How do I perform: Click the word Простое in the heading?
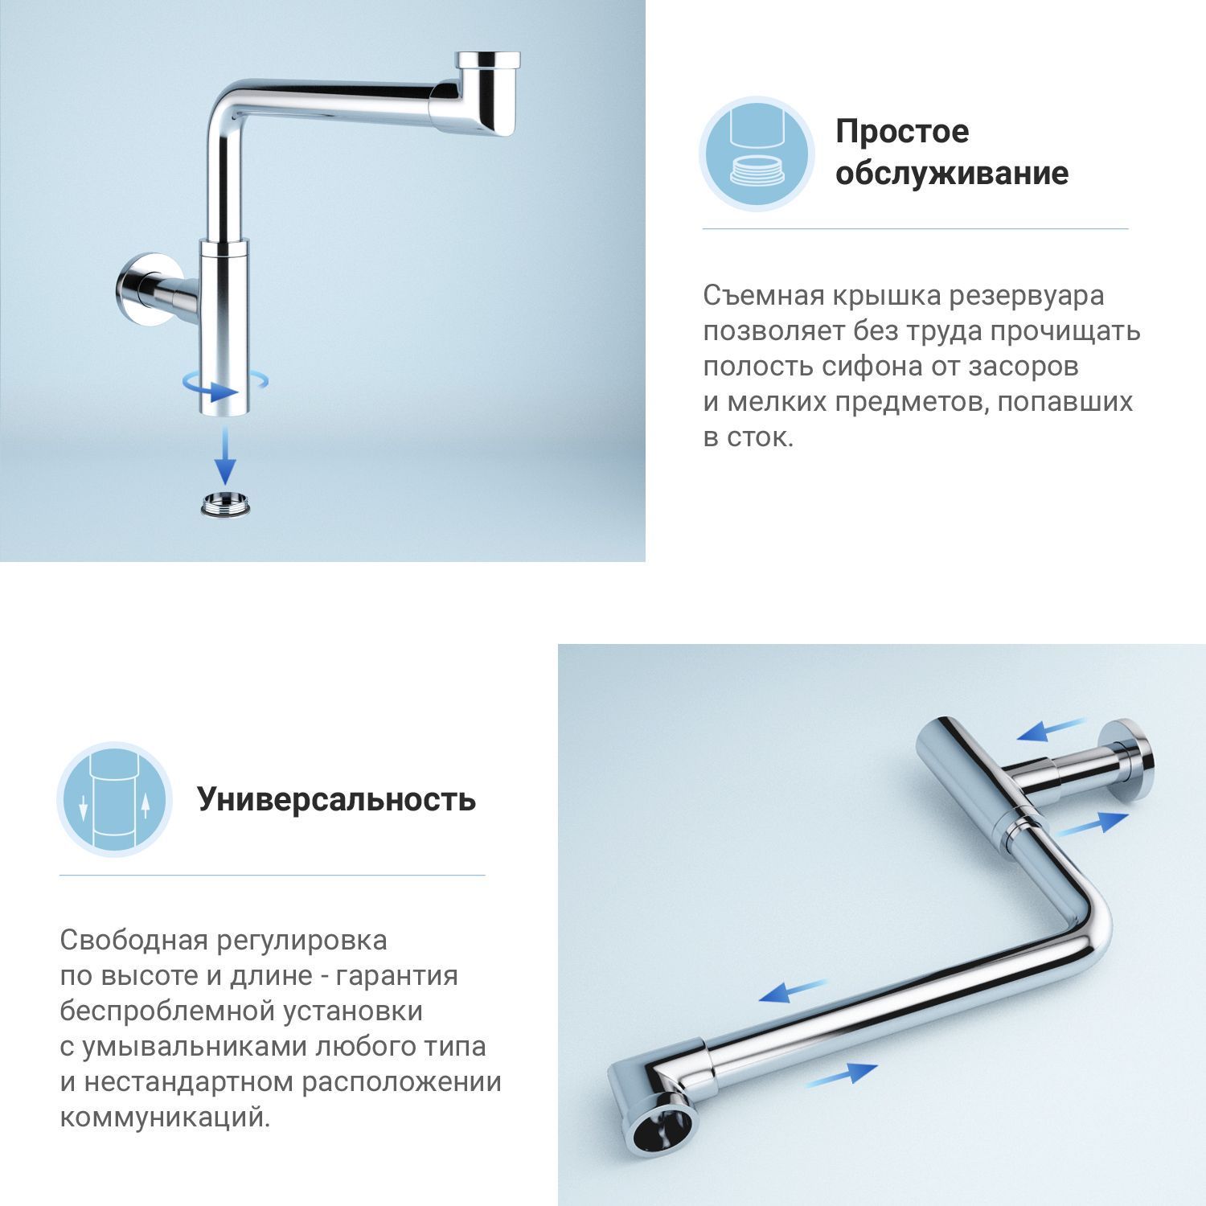click(x=902, y=131)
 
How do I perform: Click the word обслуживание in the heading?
click(x=952, y=173)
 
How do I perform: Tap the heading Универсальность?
click(x=337, y=800)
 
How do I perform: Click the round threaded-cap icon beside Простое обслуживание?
click(x=757, y=154)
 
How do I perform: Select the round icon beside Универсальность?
click(x=114, y=800)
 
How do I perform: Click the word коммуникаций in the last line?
click(x=165, y=1118)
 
